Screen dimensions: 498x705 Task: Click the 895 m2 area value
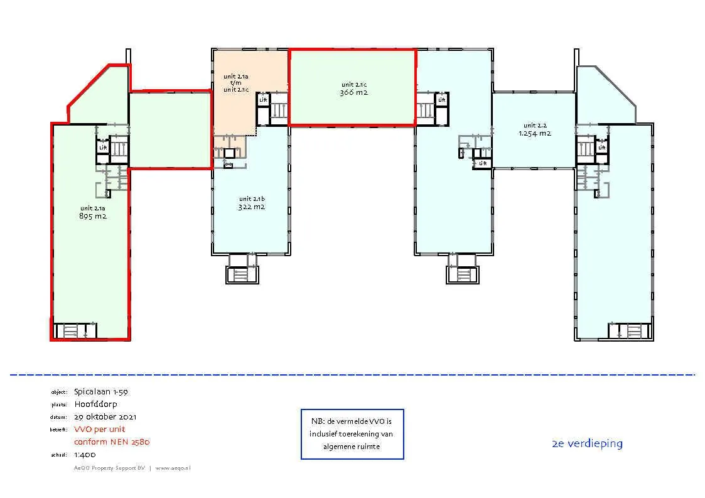pyautogui.click(x=92, y=217)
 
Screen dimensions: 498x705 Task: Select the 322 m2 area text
pyautogui.click(x=251, y=207)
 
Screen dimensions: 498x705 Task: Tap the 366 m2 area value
pyautogui.click(x=353, y=92)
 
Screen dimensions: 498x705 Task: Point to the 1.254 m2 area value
pyautogui.click(x=535, y=133)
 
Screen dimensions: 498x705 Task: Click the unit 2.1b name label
pyautogui.click(x=251, y=198)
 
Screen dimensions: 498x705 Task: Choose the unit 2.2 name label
pyautogui.click(x=535, y=125)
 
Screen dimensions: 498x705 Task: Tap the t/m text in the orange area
pyautogui.click(x=235, y=83)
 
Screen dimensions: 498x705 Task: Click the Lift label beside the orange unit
pyautogui.click(x=263, y=100)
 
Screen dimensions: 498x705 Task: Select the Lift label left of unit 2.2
pyautogui.click(x=482, y=163)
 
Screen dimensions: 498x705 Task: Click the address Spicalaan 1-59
pyautogui.click(x=100, y=391)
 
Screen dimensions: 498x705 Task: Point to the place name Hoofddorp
pyautogui.click(x=95, y=404)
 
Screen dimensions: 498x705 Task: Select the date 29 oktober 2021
pyautogui.click(x=105, y=416)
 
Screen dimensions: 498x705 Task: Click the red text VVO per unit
pyautogui.click(x=100, y=429)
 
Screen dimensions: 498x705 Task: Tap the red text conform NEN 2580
pyautogui.click(x=112, y=441)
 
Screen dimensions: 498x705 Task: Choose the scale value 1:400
pyautogui.click(x=85, y=455)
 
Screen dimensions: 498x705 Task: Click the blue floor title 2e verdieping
pyautogui.click(x=587, y=443)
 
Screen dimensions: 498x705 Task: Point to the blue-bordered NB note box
pyautogui.click(x=352, y=434)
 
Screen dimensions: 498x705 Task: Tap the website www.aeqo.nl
pyautogui.click(x=173, y=468)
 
